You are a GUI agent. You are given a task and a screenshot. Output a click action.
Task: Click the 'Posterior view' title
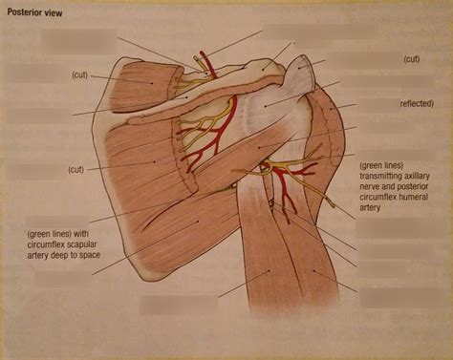36,12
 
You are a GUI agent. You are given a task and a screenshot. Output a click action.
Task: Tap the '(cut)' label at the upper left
81,74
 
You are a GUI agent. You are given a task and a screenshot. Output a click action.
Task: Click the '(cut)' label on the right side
410,59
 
